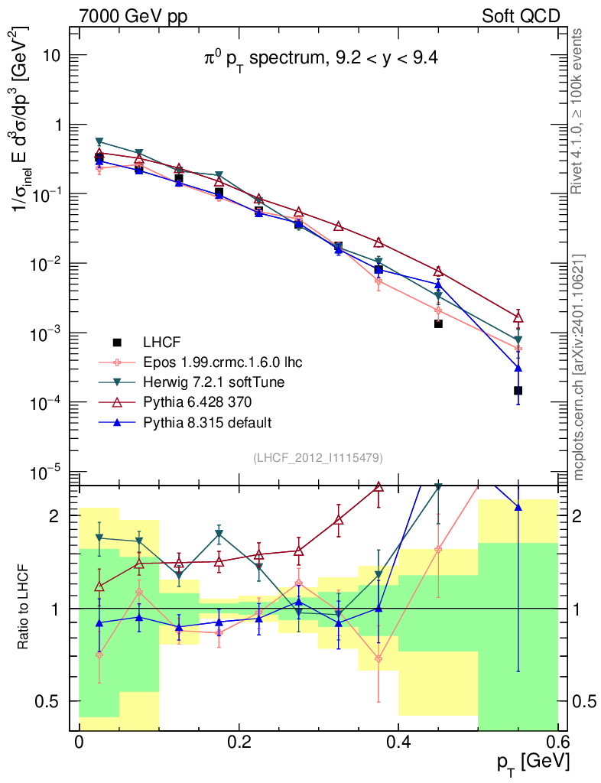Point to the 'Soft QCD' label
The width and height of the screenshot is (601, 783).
[x=521, y=16]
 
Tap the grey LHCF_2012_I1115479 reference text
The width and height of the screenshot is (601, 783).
[x=318, y=457]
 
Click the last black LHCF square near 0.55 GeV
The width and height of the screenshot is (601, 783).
[x=518, y=391]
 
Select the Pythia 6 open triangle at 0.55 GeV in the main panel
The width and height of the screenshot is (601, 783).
[x=518, y=317]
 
